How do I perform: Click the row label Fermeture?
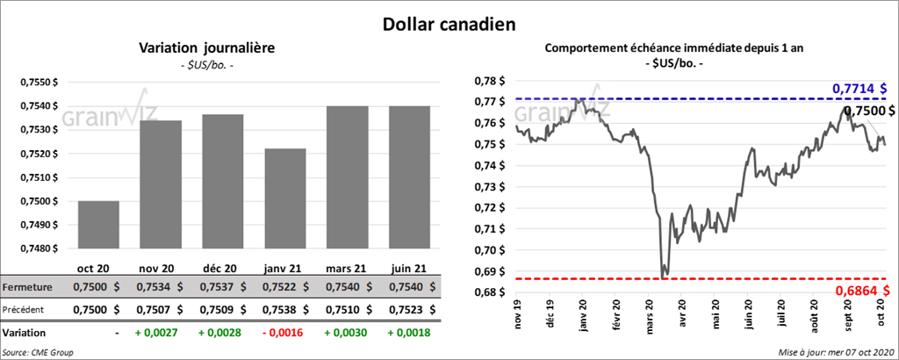27,286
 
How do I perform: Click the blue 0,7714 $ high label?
859,89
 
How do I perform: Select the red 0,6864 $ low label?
859,290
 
